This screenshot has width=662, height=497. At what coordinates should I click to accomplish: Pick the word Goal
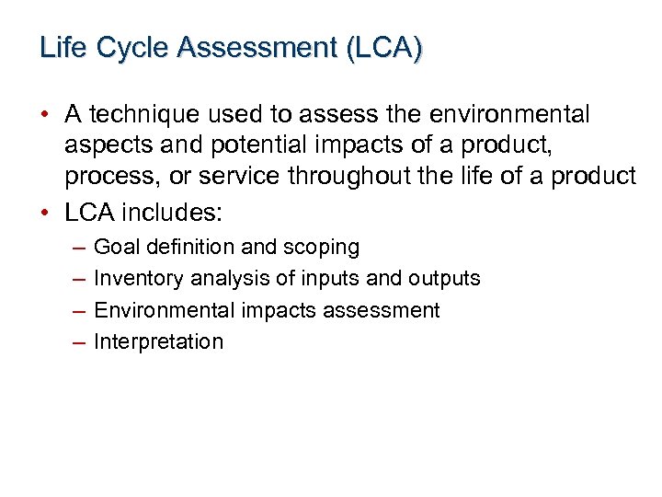116,247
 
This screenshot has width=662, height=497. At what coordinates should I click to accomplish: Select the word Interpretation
159,341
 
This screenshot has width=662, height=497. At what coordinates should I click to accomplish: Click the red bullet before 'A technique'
45,115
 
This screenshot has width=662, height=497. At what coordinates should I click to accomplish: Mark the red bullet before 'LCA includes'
45,213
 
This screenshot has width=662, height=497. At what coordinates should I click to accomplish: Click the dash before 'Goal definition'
76,248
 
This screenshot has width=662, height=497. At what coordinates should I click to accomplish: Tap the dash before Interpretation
76,342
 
